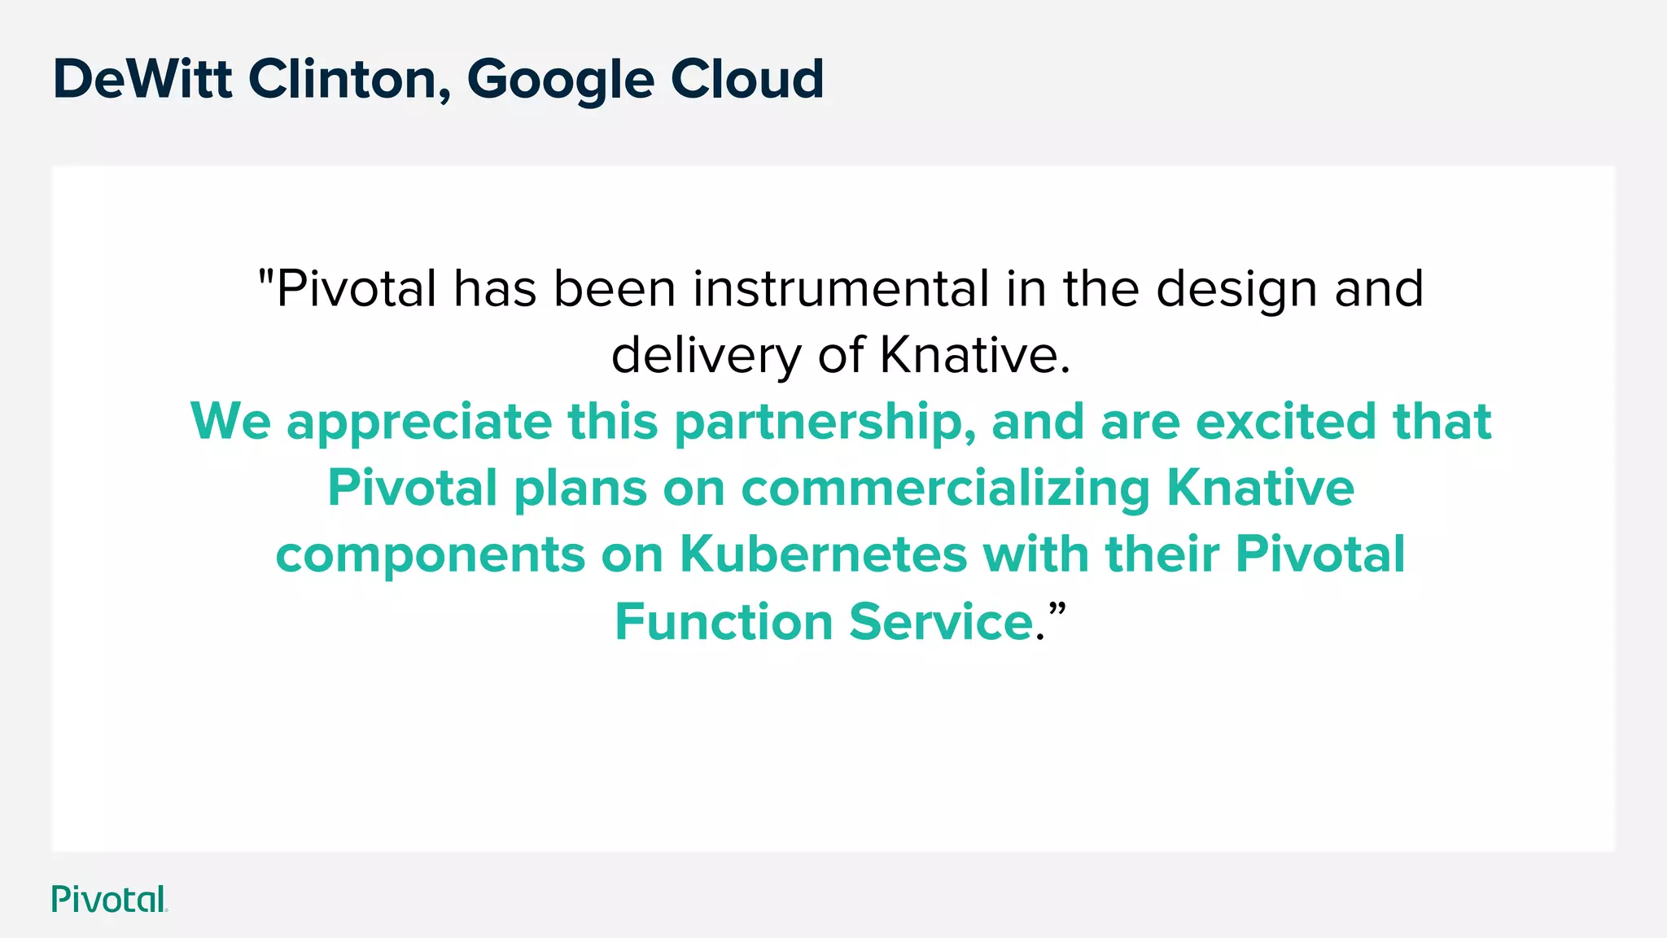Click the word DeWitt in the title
(142, 79)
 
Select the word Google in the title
(560, 81)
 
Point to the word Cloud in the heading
(747, 79)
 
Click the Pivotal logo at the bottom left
(109, 899)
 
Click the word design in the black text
(1236, 290)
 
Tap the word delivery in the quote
(707, 356)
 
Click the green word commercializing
(945, 489)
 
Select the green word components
(431, 555)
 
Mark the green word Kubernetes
(823, 554)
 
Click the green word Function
(724, 621)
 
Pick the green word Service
(941, 621)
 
